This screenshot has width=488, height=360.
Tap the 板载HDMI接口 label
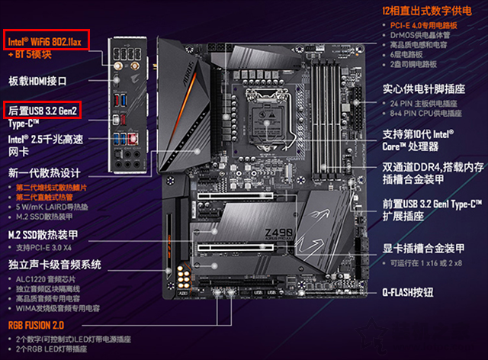click(38, 80)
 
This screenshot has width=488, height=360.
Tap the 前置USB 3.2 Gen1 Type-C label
click(432, 204)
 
